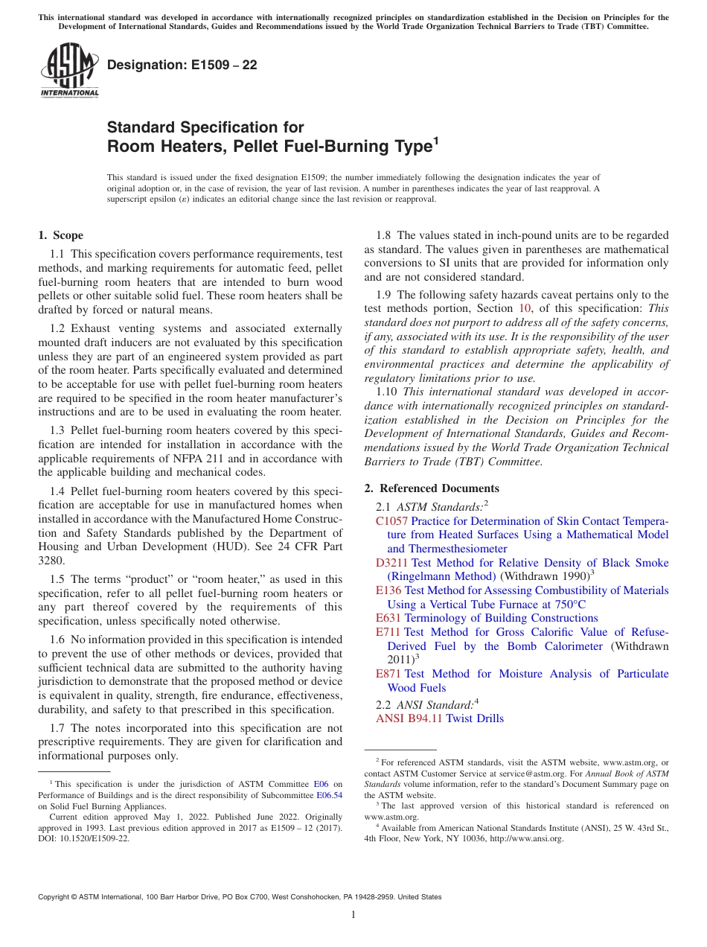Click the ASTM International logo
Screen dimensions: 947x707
(69, 70)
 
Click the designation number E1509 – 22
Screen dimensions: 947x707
(182, 65)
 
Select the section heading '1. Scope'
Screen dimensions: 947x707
(61, 235)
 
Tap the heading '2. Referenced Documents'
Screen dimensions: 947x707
(432, 488)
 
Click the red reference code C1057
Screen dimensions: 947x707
(391, 521)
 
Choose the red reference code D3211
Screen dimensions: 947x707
(391, 563)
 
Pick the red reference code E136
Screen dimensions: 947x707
(388, 590)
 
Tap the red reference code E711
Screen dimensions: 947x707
(388, 632)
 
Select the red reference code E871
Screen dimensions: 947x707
(388, 674)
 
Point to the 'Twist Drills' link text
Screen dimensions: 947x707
(475, 718)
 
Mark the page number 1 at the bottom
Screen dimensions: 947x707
(353, 914)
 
